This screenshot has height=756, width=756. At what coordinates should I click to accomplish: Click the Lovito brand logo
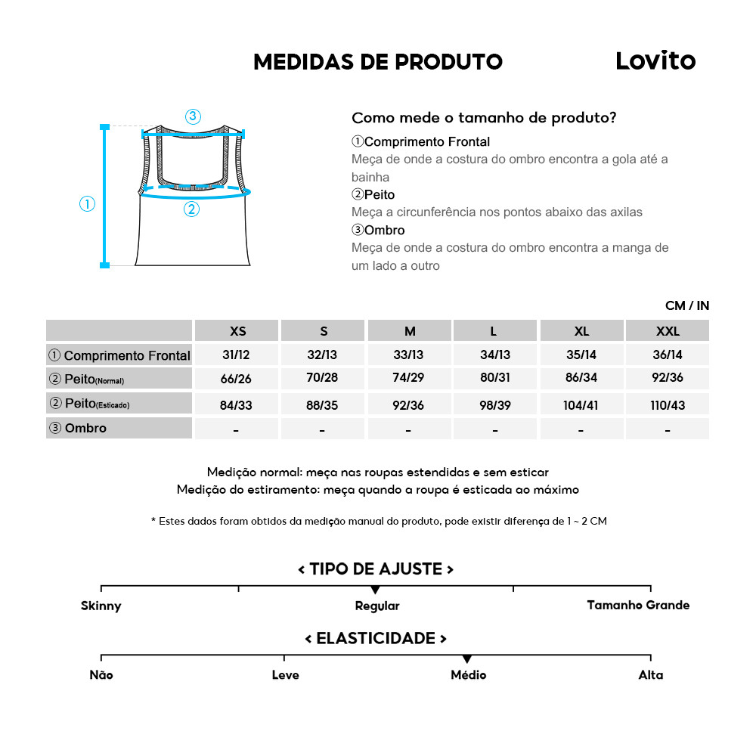(x=655, y=60)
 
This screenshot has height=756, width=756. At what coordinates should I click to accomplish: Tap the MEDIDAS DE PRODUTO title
(x=378, y=62)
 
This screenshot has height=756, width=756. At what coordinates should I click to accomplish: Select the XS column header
(x=237, y=331)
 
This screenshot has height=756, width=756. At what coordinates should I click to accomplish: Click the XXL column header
(x=668, y=331)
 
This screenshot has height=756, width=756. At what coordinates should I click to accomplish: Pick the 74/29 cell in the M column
(x=409, y=379)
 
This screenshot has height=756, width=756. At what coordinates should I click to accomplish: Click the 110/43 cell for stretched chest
(x=668, y=405)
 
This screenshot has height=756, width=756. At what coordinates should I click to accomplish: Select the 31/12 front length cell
(x=237, y=355)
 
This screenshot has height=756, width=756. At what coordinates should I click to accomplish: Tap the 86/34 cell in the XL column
(x=581, y=379)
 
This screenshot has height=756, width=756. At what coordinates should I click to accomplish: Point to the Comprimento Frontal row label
(x=119, y=355)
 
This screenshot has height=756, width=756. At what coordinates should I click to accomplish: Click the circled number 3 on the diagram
(x=193, y=116)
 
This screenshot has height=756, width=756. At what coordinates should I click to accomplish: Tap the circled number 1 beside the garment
(x=88, y=203)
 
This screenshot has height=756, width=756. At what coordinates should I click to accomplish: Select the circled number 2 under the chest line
(x=191, y=209)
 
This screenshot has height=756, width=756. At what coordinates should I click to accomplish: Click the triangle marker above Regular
(x=375, y=590)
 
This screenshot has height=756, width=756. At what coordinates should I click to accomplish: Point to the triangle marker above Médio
(x=467, y=659)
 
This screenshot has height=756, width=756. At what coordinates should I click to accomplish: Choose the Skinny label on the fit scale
(x=101, y=606)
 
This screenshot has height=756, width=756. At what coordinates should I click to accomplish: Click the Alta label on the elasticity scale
(x=650, y=675)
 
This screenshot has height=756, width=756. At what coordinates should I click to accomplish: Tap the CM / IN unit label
(x=686, y=305)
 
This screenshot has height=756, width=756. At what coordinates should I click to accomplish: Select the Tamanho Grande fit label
(x=638, y=605)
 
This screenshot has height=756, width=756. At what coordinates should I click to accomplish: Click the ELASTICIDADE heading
(x=376, y=639)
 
